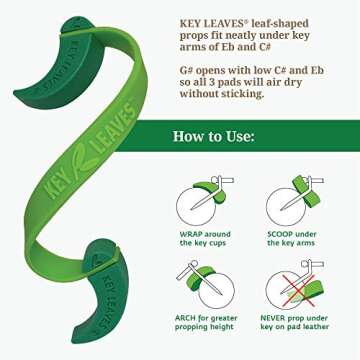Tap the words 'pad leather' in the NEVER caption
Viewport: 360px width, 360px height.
(x=314, y=328)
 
